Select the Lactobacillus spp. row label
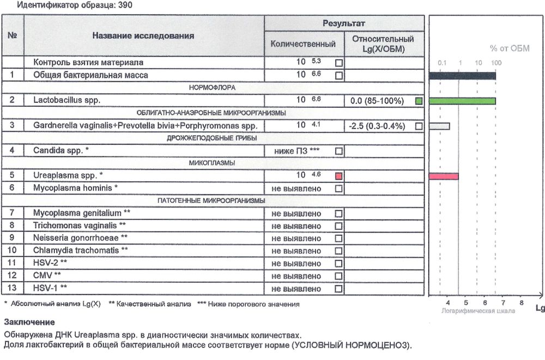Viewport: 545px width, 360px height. [67, 101]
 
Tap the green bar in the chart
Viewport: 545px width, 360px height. [462, 101]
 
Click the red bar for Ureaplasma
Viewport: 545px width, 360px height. [444, 176]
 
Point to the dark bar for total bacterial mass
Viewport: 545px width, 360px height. [462, 76]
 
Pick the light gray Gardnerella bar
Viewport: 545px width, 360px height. [439, 126]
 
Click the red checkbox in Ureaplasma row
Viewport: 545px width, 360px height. [338, 176]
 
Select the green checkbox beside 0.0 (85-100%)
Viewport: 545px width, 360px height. [419, 101]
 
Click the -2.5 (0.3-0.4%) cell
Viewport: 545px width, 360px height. [377, 126]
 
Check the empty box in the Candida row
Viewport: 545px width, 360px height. [338, 151]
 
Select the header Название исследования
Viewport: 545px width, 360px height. [143, 36]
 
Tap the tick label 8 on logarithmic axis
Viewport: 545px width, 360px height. [521, 302]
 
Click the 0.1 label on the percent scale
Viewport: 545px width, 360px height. [442, 63]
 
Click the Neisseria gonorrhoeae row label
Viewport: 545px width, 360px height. [81, 239]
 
